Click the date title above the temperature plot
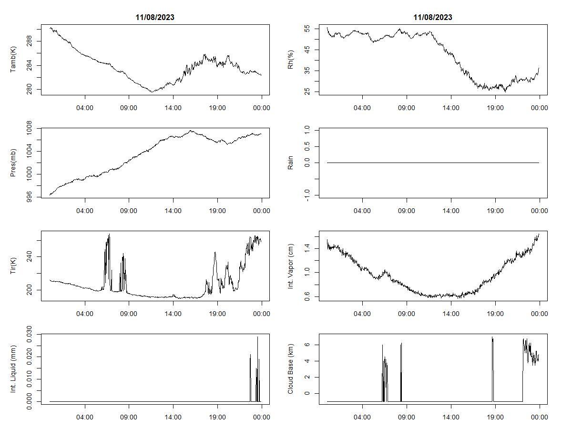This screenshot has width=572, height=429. click(x=155, y=17)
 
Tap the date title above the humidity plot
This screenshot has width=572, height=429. click(x=433, y=17)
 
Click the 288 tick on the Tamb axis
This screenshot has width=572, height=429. click(x=30, y=41)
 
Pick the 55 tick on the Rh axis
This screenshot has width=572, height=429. click(x=307, y=29)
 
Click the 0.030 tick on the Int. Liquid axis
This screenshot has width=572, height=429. click(x=30, y=335)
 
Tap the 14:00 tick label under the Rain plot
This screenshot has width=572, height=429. click(x=451, y=211)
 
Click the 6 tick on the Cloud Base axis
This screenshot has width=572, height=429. click(x=307, y=345)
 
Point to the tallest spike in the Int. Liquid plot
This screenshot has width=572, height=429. click(x=257, y=337)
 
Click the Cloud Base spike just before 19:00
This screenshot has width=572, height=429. click(x=492, y=338)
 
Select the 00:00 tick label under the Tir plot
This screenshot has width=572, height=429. click(x=262, y=314)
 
